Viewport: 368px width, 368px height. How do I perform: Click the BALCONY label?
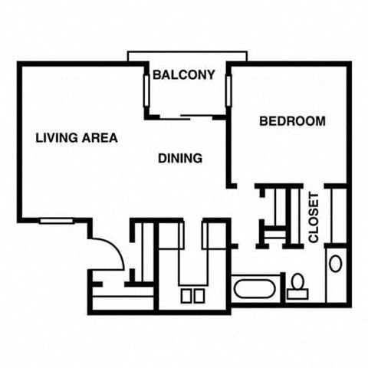tap(183, 75)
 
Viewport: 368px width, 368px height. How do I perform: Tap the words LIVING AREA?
tap(77, 138)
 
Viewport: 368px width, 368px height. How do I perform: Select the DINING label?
tap(180, 159)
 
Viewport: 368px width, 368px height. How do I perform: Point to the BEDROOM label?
tap(292, 121)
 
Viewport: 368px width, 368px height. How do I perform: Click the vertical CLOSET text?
tap(314, 218)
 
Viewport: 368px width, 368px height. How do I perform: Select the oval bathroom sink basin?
tap(336, 264)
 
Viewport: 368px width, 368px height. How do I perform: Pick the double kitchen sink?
tap(192, 295)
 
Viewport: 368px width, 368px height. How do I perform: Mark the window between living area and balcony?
tap(146, 94)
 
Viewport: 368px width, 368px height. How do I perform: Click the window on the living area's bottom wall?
tap(57, 221)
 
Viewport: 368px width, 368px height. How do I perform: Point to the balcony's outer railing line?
tap(188, 53)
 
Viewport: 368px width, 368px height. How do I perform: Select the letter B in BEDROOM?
tap(263, 121)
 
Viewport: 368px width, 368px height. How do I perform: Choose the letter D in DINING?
tap(162, 159)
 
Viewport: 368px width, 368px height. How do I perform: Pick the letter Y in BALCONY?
tap(210, 75)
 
